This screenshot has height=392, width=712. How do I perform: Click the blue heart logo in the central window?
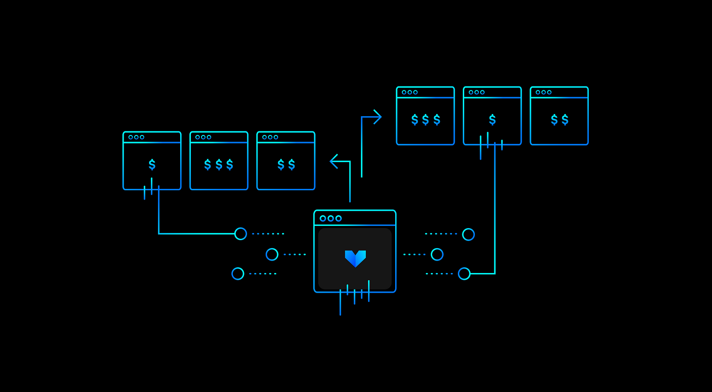[x=355, y=258]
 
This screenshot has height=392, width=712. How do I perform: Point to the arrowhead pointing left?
[x=333, y=161]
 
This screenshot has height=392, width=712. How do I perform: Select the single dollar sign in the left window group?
[x=152, y=165]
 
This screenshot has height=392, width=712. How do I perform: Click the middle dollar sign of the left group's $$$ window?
[x=219, y=165]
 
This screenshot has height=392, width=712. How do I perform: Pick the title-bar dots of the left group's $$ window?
[x=270, y=137]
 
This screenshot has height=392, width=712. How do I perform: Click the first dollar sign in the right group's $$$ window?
[x=415, y=119]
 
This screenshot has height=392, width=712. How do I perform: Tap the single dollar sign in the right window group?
[x=492, y=119]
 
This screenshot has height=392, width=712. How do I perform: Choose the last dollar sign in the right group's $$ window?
[x=565, y=119]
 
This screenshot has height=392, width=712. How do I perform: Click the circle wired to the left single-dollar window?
[x=241, y=233]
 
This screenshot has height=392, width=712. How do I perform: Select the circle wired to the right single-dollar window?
[x=464, y=274]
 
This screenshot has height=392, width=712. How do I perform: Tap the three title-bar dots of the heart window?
[x=331, y=218]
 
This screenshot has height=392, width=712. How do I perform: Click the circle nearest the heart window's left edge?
[x=272, y=254]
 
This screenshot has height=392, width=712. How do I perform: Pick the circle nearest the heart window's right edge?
[x=437, y=254]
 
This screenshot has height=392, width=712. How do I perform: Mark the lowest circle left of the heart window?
[x=238, y=274]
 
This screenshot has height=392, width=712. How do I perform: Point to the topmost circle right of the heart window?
[x=469, y=234]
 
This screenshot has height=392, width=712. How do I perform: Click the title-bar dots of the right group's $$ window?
[x=543, y=92]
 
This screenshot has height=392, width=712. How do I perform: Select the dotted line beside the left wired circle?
[x=268, y=233]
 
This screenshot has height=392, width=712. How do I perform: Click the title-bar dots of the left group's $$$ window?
[x=203, y=137]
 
